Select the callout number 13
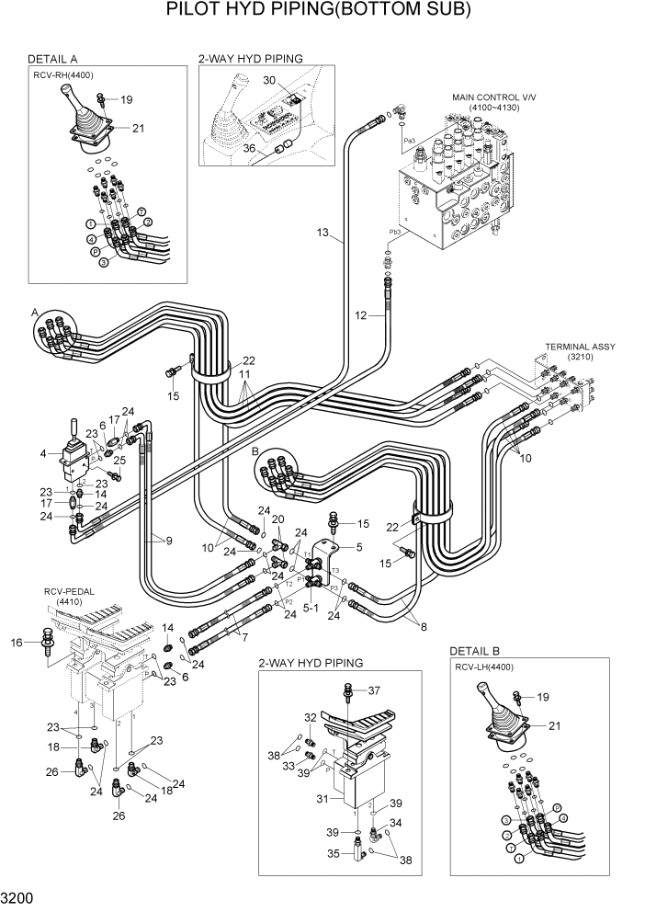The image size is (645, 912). click(322, 233)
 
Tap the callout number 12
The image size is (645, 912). click(361, 315)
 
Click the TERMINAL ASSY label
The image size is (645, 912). click(580, 347)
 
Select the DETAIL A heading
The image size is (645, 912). click(52, 59)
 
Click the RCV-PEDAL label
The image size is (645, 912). click(69, 592)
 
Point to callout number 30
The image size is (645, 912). click(269, 80)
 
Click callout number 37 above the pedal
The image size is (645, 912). click(374, 690)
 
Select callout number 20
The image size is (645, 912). click(277, 519)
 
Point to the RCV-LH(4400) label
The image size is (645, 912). click(485, 667)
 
